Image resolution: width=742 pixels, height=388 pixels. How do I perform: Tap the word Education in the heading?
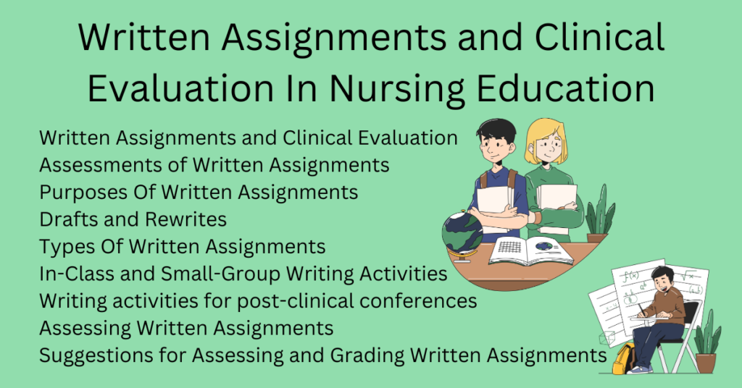point(572,90)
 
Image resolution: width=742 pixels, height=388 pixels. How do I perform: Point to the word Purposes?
point(82,192)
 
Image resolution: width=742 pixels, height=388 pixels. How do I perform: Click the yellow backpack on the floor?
point(622,358)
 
